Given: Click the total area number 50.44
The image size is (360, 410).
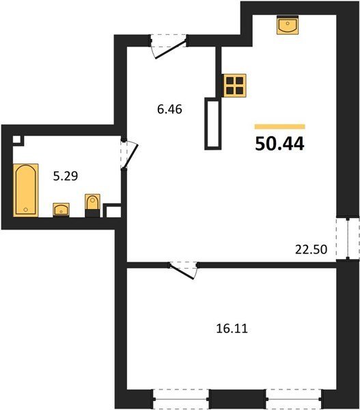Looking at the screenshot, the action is (x=279, y=143).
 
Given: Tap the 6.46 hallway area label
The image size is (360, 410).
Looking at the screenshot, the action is (x=169, y=109).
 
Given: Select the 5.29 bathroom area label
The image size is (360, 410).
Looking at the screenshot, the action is (x=66, y=176).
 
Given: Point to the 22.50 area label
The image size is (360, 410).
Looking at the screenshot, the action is (x=311, y=249).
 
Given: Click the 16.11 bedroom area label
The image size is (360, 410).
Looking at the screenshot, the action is (x=232, y=329).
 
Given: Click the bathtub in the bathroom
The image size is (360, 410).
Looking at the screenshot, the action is (x=26, y=190).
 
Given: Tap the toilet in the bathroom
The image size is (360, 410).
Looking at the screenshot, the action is (x=92, y=206).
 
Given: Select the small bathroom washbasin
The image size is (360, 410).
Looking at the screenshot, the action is (x=61, y=210).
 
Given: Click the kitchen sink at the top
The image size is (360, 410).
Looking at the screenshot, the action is (x=288, y=25).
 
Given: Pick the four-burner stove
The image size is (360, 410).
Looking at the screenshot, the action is (x=234, y=85).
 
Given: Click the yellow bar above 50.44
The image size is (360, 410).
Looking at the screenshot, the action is (x=280, y=126).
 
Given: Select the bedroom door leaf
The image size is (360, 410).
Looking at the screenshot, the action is (x=182, y=272).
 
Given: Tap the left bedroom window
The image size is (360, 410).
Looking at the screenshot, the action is (x=180, y=399).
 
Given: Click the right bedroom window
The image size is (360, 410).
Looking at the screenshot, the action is (x=294, y=399).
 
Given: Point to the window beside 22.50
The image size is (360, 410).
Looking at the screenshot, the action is (x=348, y=238).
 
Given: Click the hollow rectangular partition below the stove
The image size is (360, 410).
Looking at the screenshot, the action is (x=213, y=124).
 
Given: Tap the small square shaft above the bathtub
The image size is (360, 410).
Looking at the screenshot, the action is (x=18, y=140).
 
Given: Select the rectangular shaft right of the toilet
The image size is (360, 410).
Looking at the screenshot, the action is (x=113, y=210).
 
